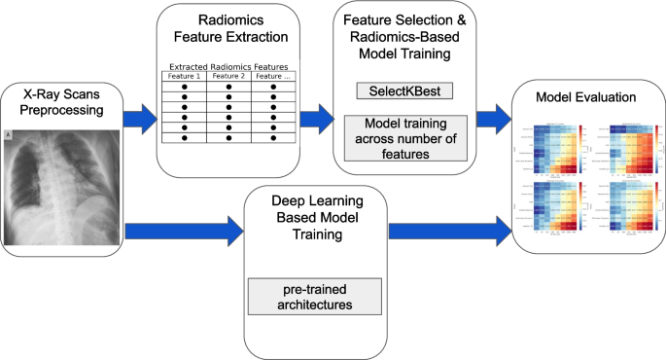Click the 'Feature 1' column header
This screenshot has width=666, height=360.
click(183, 75)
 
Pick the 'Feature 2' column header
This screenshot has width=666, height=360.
click(228, 75)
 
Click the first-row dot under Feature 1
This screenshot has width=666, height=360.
click(183, 87)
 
